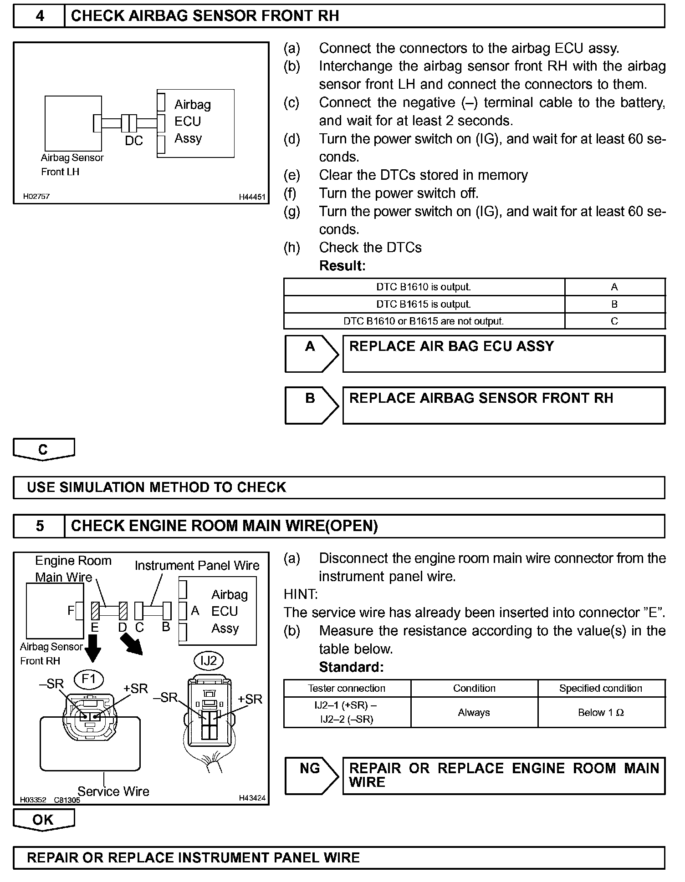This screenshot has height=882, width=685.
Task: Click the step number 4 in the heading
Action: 40,16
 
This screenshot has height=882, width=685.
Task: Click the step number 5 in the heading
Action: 40,526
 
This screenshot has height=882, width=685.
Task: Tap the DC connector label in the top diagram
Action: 133,141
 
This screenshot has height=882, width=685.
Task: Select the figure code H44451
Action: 252,197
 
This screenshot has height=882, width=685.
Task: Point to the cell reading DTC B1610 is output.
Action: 424,287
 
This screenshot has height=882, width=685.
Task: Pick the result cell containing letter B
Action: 614,304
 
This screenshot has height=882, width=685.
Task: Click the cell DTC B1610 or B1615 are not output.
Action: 424,321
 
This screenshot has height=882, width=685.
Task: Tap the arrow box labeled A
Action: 311,353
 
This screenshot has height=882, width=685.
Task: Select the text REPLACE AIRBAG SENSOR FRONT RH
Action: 481,398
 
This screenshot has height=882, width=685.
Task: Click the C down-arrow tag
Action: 43,450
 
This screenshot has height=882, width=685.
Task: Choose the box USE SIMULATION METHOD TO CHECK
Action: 338,487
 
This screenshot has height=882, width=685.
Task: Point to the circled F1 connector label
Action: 89,679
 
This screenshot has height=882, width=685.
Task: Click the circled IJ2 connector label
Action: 209,660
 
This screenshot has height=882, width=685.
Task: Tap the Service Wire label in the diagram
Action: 113,791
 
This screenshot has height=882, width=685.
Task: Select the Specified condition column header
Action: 601,688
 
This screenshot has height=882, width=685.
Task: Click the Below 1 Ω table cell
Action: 601,713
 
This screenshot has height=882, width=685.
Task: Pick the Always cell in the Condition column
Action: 474,713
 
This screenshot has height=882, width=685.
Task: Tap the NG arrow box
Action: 311,776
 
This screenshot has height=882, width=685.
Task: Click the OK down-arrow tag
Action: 43,820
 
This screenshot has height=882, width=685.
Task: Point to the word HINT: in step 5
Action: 301,594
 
